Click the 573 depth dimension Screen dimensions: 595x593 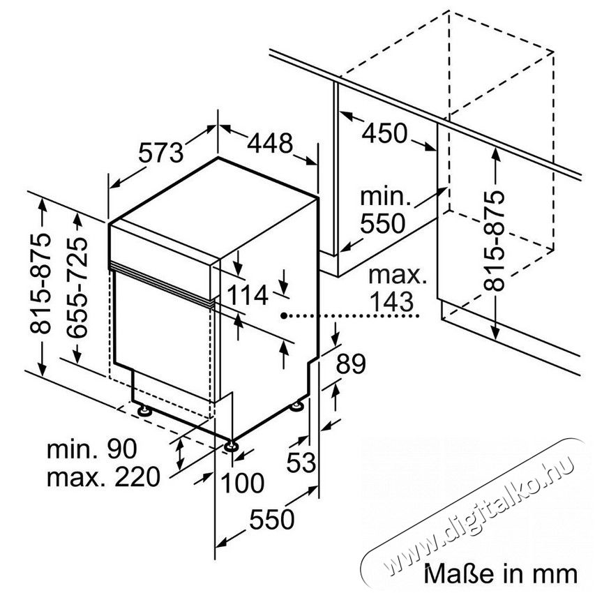coord(160,152)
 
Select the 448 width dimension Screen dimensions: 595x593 coord(270,143)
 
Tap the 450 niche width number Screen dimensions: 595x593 coord(384,133)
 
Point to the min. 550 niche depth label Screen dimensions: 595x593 coord(385,210)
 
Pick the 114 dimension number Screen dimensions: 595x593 coord(248,295)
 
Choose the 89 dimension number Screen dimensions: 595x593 coord(351,363)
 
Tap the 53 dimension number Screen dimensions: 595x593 coord(301,462)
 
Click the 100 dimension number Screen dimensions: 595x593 coord(242,483)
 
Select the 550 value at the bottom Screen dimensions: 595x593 coord(272,519)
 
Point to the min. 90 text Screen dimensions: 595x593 coord(91,449)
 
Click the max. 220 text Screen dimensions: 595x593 coord(103,477)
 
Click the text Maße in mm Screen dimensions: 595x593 coord(501,573)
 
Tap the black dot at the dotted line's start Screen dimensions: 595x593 coord(284,315)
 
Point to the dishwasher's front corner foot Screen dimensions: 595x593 coord(230,446)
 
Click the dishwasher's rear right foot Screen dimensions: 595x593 coord(296,407)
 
